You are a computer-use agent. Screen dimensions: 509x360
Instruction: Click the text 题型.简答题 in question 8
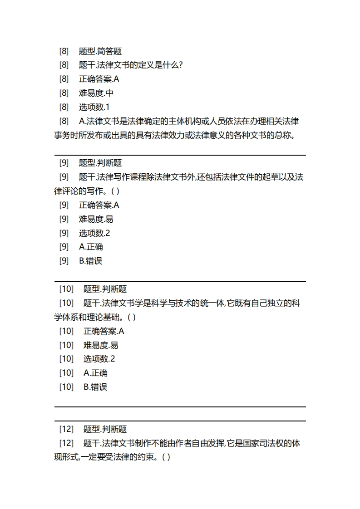point(100,51)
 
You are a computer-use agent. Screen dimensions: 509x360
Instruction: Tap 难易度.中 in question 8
point(96,93)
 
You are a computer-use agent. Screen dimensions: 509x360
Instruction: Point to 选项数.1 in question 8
point(94,107)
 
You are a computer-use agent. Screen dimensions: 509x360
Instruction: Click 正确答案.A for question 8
point(99,79)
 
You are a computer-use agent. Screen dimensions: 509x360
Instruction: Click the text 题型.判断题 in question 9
point(100,163)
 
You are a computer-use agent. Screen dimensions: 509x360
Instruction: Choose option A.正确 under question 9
point(91,247)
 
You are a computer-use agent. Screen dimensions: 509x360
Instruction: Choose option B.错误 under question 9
point(91,260)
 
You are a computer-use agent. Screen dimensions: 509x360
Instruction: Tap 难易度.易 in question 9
point(96,219)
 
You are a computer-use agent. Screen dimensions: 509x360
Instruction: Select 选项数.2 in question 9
point(94,233)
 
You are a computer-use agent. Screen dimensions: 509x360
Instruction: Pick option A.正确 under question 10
point(96,373)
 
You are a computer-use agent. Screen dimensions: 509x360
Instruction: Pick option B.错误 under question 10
point(96,387)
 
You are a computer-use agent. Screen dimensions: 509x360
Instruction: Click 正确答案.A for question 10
point(104,331)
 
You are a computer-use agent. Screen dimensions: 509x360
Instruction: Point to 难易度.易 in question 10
point(101,345)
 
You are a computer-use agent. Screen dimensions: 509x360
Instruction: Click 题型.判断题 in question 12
point(105,429)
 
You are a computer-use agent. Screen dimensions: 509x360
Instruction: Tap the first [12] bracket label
point(66,429)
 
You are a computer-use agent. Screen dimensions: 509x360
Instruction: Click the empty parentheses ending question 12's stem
point(166,457)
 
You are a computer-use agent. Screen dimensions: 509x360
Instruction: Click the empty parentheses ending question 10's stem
point(131,317)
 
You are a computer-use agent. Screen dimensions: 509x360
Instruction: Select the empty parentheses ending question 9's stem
point(115,191)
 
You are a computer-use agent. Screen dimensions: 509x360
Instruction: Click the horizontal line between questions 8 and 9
point(180,155)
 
